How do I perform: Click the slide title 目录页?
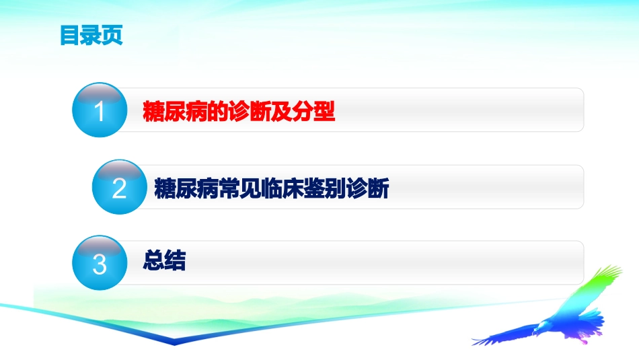(91, 36)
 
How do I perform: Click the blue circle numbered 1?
(100, 110)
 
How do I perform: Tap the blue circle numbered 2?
(119, 188)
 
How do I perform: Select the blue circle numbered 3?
(100, 263)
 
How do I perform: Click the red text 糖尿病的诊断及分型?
(239, 111)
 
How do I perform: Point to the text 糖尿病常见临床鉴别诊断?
(272, 188)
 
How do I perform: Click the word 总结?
(164, 260)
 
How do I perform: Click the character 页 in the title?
(112, 36)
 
